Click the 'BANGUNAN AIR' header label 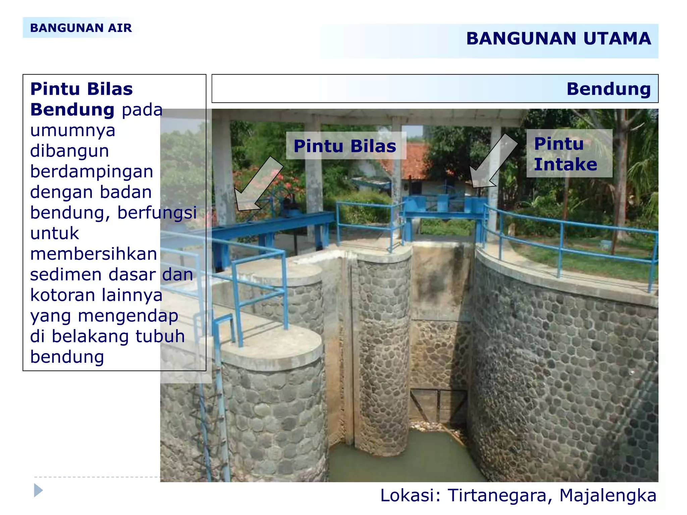81,28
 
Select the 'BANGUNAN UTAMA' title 559,39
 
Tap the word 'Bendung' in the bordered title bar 609,89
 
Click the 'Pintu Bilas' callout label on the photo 345,146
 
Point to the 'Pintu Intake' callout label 565,154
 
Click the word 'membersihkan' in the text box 94,254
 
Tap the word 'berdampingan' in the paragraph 92,171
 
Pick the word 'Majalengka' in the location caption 608,496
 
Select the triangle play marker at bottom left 38,491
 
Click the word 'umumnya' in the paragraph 72,130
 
